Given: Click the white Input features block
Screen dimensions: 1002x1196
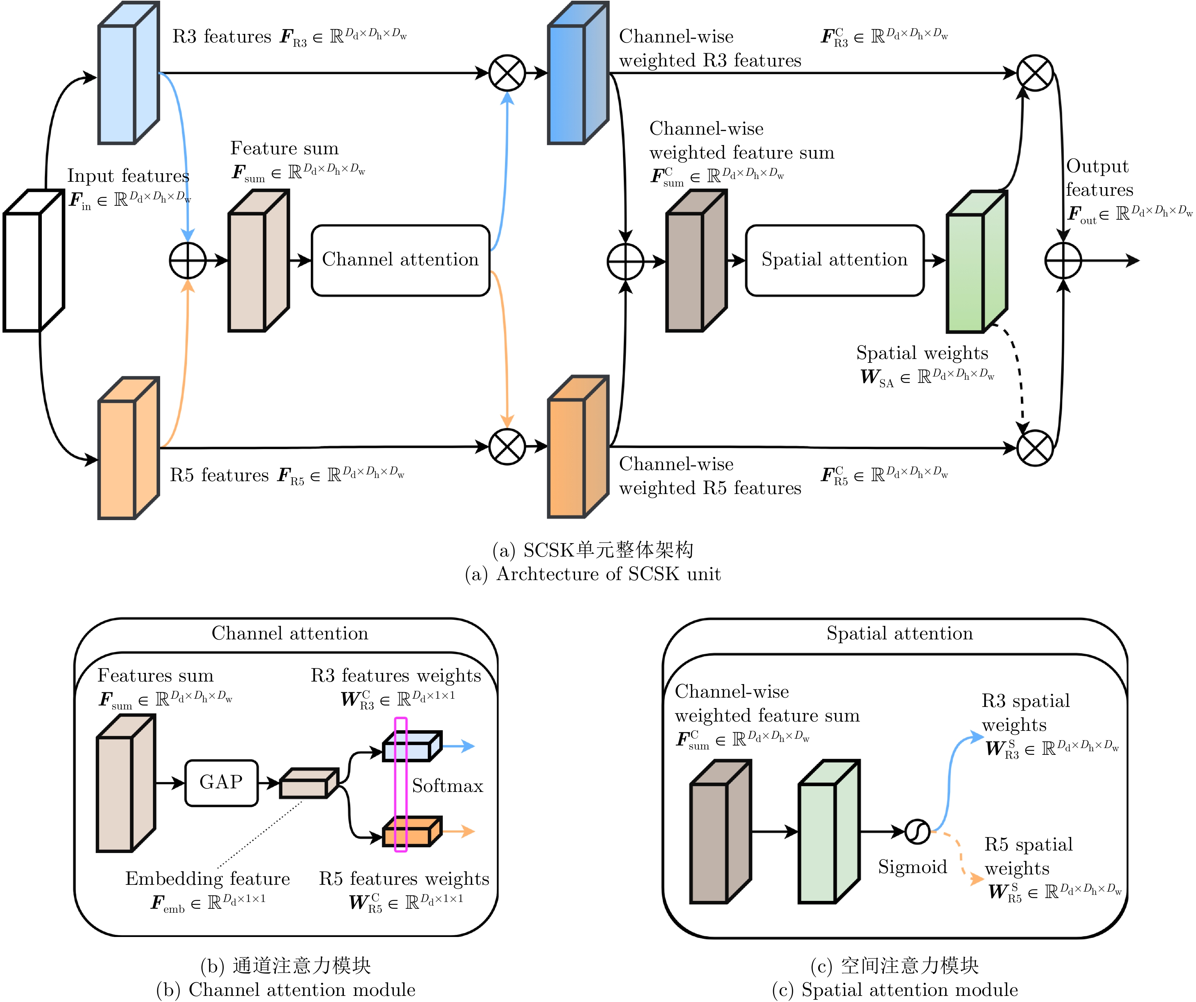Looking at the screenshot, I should pos(26,270).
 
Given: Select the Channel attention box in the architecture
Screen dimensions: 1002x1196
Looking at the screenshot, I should pos(400,260).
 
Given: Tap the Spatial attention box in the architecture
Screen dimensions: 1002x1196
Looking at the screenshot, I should pos(834,260).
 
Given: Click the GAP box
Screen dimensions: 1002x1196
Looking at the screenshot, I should pos(222,783).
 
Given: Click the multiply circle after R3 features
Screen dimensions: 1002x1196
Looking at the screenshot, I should pos(507,73).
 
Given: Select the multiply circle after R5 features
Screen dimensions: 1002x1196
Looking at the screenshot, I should pos(507,447).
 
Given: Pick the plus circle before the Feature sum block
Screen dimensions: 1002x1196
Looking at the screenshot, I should pos(188,261).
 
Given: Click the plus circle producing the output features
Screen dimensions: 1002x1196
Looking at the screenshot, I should pos(1063,261).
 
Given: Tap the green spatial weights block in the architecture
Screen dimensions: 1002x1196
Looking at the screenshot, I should pos(968,270).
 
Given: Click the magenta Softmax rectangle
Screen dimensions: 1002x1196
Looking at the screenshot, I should pos(401,784).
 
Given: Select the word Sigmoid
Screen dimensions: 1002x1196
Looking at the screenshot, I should pos(913,867).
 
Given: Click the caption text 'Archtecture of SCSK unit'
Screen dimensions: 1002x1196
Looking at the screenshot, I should pos(608,574).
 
